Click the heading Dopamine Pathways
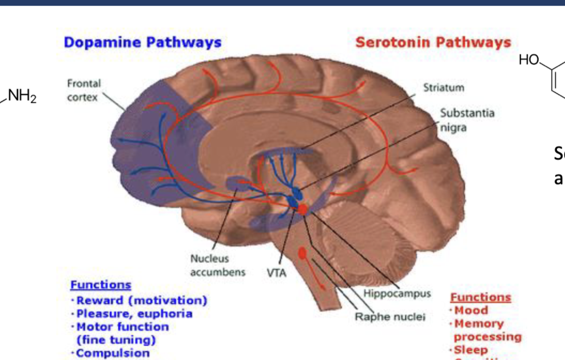click(142, 42)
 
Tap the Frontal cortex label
click(84, 90)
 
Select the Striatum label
click(444, 88)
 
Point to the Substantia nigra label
click(467, 120)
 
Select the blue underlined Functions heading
click(100, 285)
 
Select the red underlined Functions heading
click(480, 297)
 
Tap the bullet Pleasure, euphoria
click(134, 314)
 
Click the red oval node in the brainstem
click(302, 253)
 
